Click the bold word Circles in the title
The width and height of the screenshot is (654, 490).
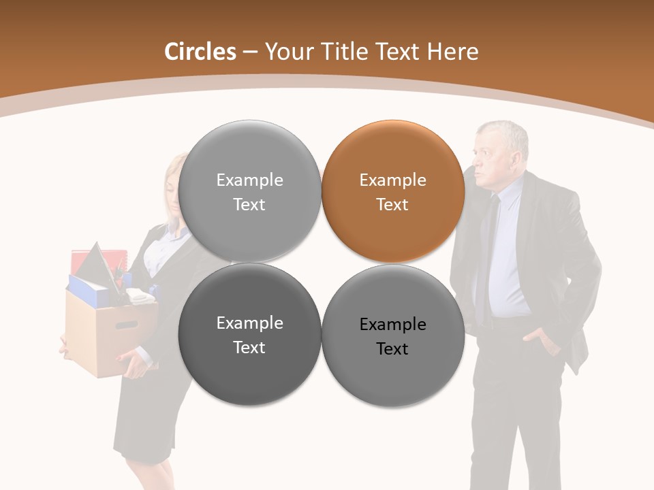(200, 52)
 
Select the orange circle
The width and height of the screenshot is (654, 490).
(393, 191)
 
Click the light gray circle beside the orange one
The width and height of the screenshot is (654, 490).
(249, 191)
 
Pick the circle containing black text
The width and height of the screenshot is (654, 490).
(393, 336)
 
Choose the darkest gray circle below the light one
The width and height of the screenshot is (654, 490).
(249, 334)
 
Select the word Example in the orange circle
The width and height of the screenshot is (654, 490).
(393, 180)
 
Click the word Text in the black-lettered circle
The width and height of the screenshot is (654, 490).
(392, 349)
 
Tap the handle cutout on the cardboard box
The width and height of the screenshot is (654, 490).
(127, 325)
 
